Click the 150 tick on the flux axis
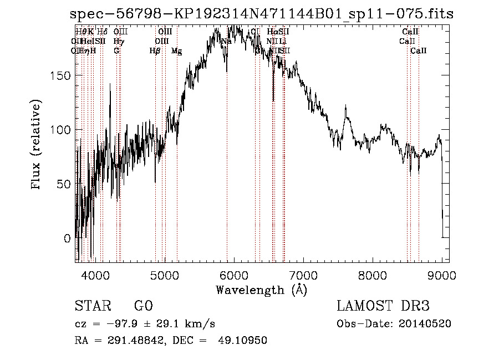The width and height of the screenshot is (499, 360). click(x=63, y=75)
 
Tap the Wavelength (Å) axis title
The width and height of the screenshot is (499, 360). click(x=261, y=290)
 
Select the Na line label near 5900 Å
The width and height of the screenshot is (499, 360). click(x=226, y=41)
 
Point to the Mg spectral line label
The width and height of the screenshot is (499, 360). click(x=176, y=51)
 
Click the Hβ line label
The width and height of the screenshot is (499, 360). click(x=155, y=51)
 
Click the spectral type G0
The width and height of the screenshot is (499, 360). click(x=143, y=306)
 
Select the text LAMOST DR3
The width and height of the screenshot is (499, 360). click(x=383, y=306)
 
